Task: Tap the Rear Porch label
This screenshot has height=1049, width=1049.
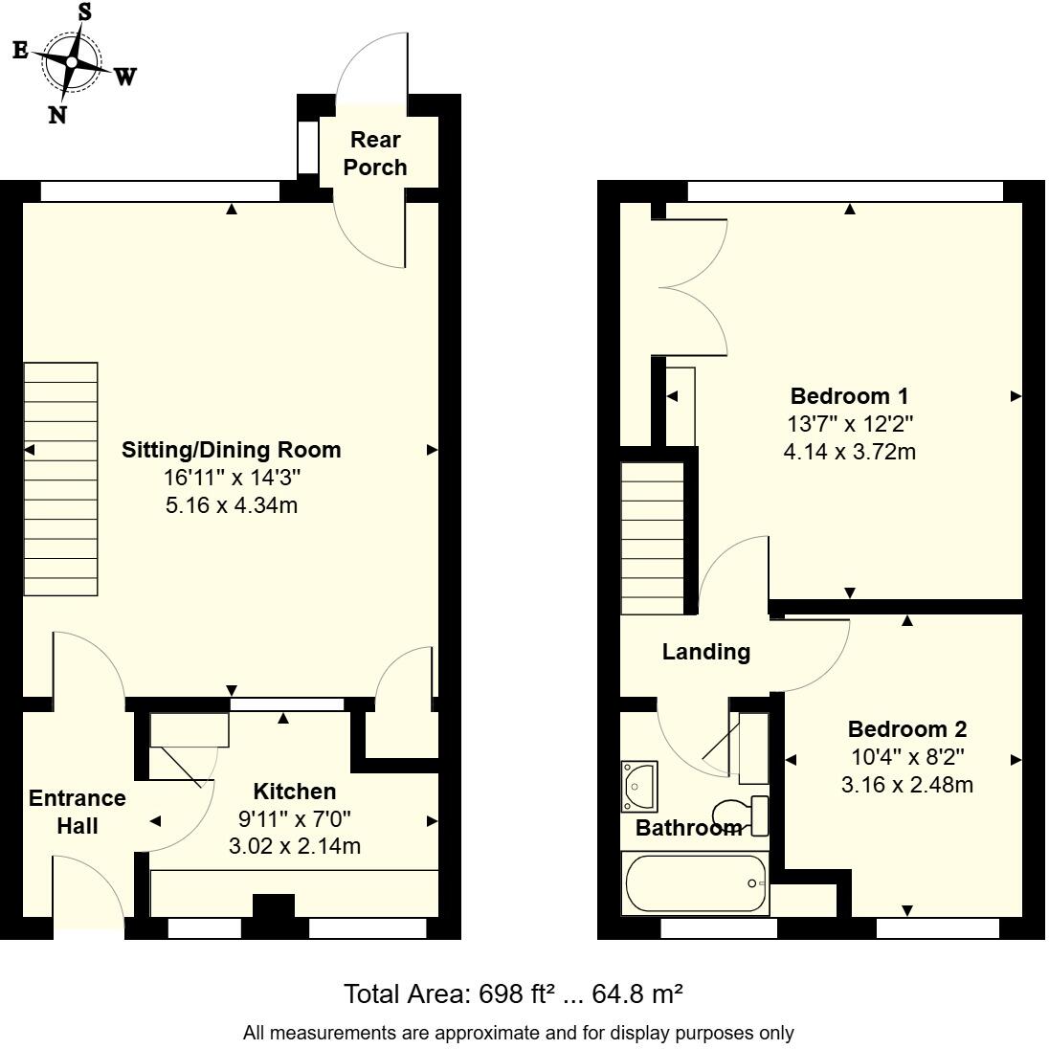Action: pos(375,153)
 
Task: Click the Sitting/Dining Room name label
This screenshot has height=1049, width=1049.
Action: pos(231,449)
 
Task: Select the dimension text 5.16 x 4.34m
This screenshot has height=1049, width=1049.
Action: pos(231,504)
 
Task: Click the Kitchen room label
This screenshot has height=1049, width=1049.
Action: pos(294,792)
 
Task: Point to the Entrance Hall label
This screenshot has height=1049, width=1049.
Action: pos(77,811)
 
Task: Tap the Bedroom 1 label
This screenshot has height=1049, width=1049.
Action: pos(849,395)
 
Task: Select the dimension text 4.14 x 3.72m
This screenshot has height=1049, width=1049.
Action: pos(849,451)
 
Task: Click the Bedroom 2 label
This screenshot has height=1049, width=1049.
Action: pos(906,728)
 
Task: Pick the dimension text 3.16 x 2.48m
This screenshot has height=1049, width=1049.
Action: pos(906,785)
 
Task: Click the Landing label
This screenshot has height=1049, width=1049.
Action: pos(705,652)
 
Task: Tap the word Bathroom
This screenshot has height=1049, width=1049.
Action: pos(689,827)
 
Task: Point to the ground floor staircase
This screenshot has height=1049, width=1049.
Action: pos(60,480)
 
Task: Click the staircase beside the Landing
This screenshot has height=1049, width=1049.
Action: pos(654,538)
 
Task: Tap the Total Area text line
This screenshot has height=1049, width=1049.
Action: pos(513,994)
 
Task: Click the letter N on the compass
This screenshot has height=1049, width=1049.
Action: pos(57,115)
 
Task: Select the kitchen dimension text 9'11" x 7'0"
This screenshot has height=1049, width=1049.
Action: pos(294,819)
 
